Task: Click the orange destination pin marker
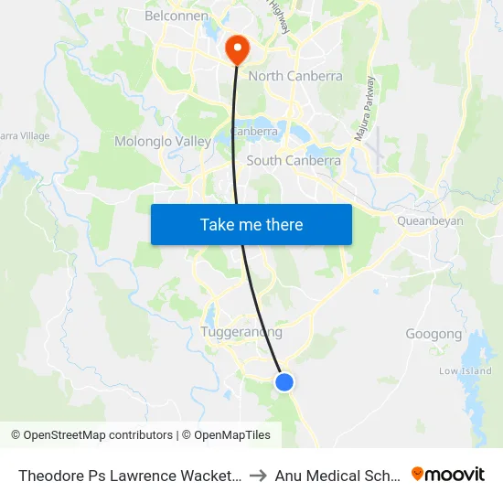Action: pyautogui.click(x=236, y=48)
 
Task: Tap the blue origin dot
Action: pyautogui.click(x=284, y=381)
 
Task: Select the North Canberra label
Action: pyautogui.click(x=295, y=76)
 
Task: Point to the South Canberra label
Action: pyautogui.click(x=294, y=160)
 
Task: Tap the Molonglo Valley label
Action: pyautogui.click(x=163, y=142)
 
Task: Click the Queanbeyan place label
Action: pyautogui.click(x=430, y=220)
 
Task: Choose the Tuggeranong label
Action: pyautogui.click(x=241, y=332)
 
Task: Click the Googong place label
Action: pyautogui.click(x=433, y=334)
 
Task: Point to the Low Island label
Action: pyautogui.click(x=465, y=371)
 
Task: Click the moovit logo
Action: pyautogui.click(x=448, y=474)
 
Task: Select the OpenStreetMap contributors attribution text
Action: pyautogui.click(x=91, y=435)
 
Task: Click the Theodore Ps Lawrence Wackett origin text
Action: pyautogui.click(x=129, y=475)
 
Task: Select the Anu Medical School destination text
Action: pyautogui.click(x=338, y=475)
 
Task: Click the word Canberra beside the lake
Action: pyautogui.click(x=255, y=131)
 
